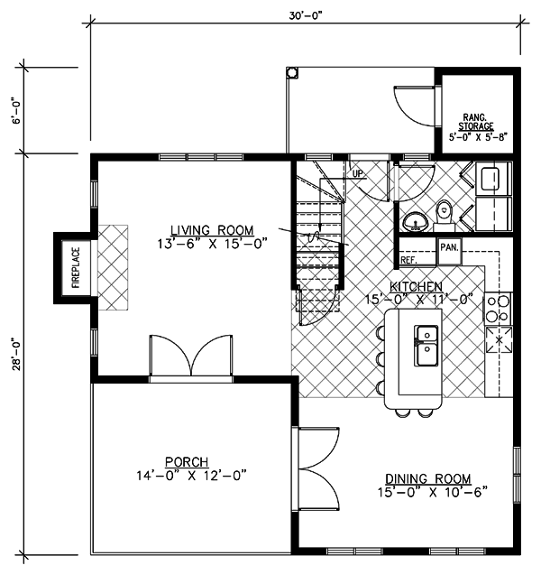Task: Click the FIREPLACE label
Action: (76, 268)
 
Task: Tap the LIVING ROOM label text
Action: (212, 230)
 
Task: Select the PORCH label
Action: (187, 462)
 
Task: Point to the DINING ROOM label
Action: (428, 478)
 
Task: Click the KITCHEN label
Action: (416, 286)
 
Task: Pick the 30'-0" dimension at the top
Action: (305, 15)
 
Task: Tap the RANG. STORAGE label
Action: (476, 122)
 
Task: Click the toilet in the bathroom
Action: (444, 214)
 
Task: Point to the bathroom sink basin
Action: (416, 222)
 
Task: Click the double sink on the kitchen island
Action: (426, 346)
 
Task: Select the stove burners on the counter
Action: (498, 309)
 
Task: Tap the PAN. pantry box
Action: (449, 251)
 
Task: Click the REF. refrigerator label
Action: (408, 260)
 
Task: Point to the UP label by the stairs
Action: (357, 173)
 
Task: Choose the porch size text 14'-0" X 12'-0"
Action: (191, 476)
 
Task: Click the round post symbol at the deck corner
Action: (292, 72)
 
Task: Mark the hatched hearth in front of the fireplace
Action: (113, 267)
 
